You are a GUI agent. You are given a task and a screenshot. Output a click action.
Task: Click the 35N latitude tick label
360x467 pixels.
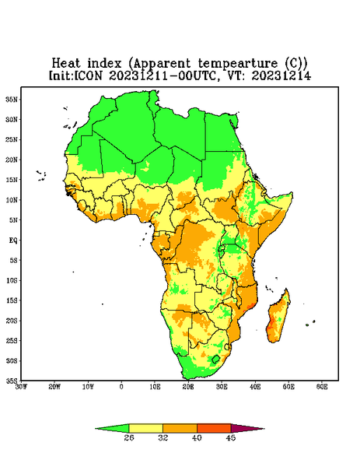click(12, 99)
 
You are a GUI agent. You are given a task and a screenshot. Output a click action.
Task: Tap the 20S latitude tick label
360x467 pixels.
click(12, 321)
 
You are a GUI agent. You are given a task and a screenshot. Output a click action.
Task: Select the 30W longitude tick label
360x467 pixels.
click(21, 387)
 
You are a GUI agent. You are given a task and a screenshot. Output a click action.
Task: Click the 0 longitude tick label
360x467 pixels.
click(121, 387)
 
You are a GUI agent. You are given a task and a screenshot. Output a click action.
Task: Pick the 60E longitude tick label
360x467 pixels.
click(322, 387)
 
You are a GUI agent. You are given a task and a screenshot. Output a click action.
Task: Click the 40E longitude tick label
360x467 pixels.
click(255, 387)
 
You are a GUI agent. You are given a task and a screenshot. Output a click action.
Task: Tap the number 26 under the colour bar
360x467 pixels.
click(129, 437)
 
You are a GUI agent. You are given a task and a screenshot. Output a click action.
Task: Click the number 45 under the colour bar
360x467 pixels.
click(231, 437)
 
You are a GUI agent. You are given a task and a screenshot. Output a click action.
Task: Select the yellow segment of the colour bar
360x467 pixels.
click(145, 428)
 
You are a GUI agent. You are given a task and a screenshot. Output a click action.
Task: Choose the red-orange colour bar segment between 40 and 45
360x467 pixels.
click(214, 428)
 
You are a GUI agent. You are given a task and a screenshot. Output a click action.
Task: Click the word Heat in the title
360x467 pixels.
click(66, 63)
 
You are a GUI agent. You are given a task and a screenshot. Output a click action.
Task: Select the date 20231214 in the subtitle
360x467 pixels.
click(281, 75)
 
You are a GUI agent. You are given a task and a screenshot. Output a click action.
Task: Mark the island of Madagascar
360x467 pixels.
click(278, 318)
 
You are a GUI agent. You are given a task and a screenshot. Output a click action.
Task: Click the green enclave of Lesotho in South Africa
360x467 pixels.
click(215, 359)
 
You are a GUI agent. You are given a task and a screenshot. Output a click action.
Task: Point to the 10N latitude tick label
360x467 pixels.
click(12, 200)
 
